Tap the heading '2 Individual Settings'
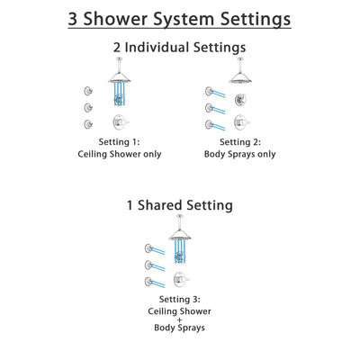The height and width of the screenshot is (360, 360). tap(180, 48)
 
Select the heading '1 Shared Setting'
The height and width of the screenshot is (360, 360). tap(180, 204)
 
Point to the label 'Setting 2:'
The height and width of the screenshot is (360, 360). tap(239, 141)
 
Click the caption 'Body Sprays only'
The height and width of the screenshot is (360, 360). tap(239, 154)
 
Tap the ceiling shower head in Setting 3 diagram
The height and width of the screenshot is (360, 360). tap(181, 236)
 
